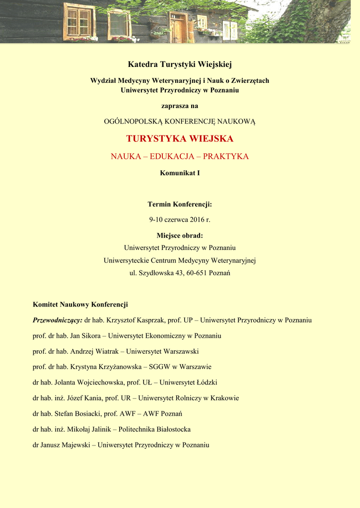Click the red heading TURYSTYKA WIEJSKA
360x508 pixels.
[x=180, y=139]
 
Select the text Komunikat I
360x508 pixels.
[x=180, y=173]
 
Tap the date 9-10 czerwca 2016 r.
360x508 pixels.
[x=180, y=220]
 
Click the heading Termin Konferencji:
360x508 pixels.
[x=180, y=204]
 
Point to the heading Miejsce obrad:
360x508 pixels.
[x=180, y=236]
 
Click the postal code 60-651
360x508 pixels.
[x=197, y=273]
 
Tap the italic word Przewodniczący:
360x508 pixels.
[x=58, y=320]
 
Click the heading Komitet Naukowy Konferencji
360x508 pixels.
[x=80, y=305]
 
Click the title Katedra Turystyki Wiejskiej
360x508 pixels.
[x=180, y=64]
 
